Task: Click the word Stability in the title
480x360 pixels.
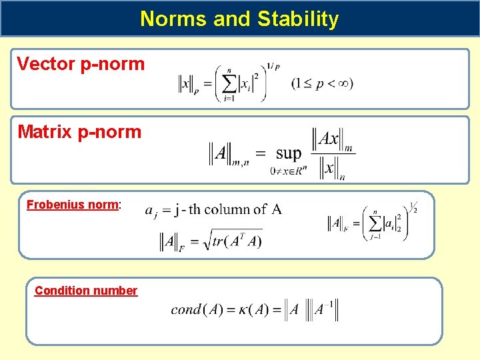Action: click(301, 19)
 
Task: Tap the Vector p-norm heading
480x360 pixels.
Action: click(81, 64)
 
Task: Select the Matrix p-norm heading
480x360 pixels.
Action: click(79, 132)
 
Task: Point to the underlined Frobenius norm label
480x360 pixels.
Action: click(73, 205)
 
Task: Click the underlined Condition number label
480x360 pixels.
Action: click(86, 291)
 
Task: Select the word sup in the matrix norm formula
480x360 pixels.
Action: click(288, 153)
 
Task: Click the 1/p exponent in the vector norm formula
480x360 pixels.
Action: click(273, 67)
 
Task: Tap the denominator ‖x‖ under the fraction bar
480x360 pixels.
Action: click(329, 168)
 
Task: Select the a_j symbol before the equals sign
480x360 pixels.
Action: click(151, 211)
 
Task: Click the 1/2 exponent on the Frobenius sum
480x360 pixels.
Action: click(413, 208)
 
